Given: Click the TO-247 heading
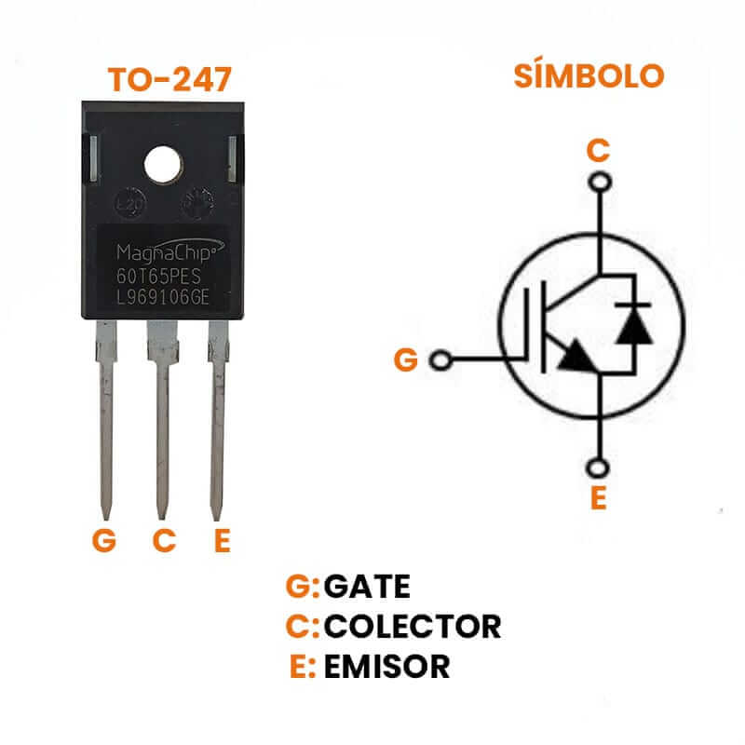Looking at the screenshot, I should (x=169, y=80).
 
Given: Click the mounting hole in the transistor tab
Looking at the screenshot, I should (x=163, y=165).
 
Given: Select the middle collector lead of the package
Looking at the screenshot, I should (x=162, y=419).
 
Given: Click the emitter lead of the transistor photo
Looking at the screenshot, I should (x=218, y=419).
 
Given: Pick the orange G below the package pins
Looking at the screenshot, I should (x=104, y=541).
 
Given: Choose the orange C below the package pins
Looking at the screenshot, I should (x=164, y=541).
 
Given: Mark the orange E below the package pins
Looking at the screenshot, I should (x=222, y=541).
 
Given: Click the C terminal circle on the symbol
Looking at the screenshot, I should (x=601, y=182).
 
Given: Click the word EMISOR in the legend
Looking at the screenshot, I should (x=386, y=666).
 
